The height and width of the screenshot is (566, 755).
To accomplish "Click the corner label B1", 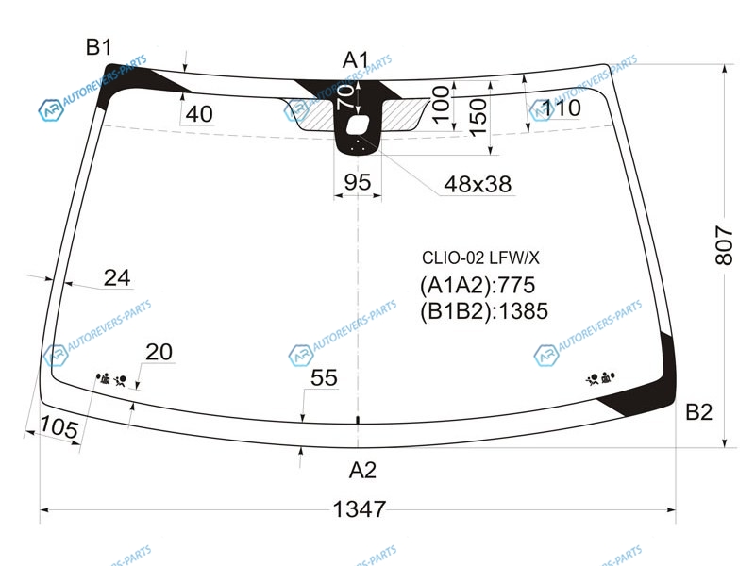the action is click(99, 48).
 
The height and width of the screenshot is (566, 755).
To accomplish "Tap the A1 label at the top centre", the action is click(356, 60).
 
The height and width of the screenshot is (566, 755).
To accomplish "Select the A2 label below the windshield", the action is click(362, 470).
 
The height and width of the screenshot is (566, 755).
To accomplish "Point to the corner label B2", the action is click(698, 412).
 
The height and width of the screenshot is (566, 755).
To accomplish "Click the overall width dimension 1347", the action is click(360, 509).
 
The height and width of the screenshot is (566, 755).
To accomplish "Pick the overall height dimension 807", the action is click(724, 245).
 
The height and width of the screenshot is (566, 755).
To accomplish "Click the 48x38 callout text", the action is click(478, 184).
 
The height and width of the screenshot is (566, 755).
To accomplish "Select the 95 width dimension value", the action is click(358, 182).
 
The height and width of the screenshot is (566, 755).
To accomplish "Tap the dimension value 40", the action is click(199, 114).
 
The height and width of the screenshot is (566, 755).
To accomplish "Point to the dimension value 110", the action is click(562, 108).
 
